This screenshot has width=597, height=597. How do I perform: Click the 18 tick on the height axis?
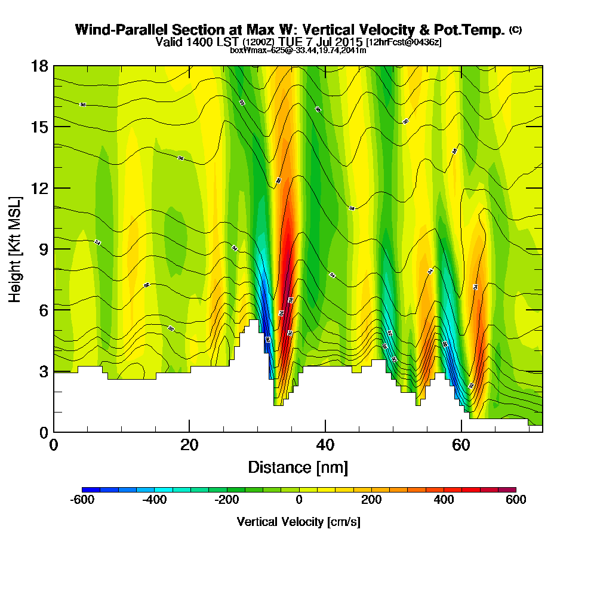pyautogui.click(x=39, y=66)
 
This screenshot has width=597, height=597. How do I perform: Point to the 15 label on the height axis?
pyautogui.click(x=39, y=127)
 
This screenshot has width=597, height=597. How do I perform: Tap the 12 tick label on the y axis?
pyautogui.click(x=39, y=188)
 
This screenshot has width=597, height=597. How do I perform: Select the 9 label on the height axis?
pyautogui.click(x=43, y=249)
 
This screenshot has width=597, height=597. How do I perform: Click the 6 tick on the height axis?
pyautogui.click(x=43, y=310)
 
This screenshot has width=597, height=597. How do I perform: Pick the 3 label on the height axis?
pyautogui.click(x=43, y=371)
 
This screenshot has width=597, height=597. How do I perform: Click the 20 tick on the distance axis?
pyautogui.click(x=189, y=445)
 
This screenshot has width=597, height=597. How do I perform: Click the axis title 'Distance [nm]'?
pyautogui.click(x=298, y=467)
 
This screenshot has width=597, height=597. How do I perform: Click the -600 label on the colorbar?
pyautogui.click(x=82, y=500)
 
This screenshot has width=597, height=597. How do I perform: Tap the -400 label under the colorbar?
pyautogui.click(x=154, y=500)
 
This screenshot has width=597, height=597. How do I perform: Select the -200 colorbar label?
pyautogui.click(x=226, y=500)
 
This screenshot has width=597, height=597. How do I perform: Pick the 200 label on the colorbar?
pyautogui.click(x=371, y=500)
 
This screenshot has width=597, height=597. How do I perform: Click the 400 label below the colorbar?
pyautogui.click(x=444, y=500)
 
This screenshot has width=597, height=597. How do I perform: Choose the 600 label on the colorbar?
pyautogui.click(x=516, y=500)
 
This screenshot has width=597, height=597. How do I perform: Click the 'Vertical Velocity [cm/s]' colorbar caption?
pyautogui.click(x=298, y=522)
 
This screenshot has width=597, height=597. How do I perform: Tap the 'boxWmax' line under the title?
pyautogui.click(x=298, y=50)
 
